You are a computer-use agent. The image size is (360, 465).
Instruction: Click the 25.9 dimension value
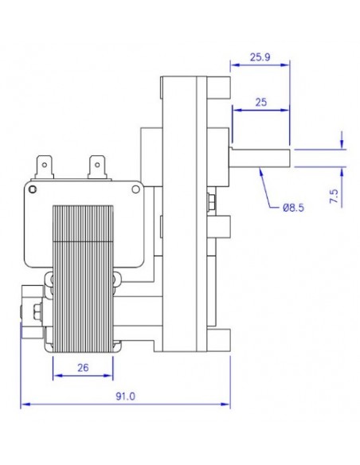260,57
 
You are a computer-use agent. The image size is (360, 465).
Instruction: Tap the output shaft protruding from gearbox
260,156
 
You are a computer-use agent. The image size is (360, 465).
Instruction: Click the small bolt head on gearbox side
210,202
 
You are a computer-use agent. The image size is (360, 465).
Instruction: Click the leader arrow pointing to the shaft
260,171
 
